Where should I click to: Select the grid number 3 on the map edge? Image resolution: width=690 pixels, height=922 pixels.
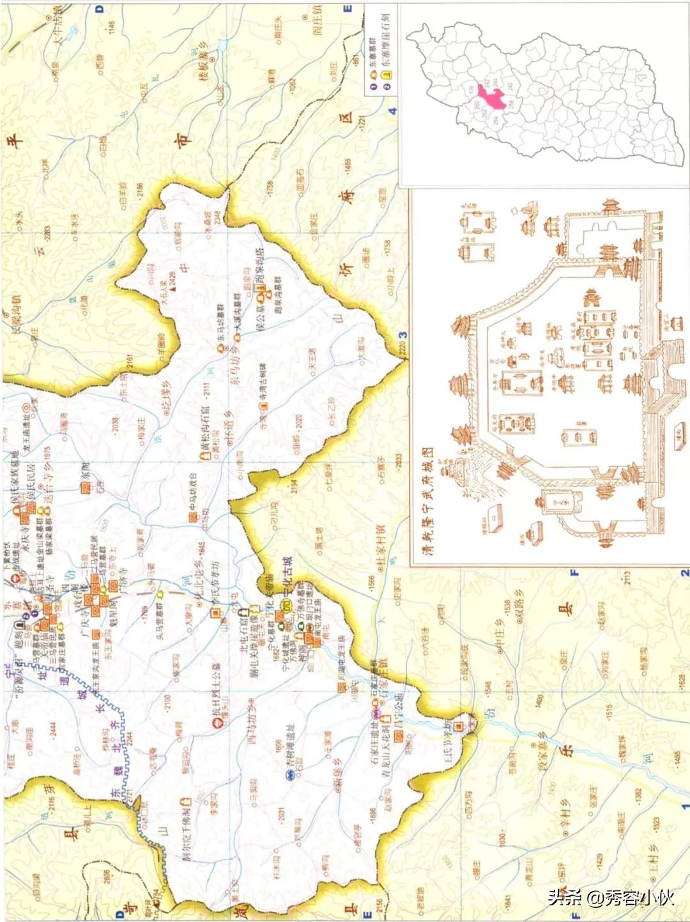[x=403, y=335]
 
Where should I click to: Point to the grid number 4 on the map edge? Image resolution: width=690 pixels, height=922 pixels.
[x=392, y=111]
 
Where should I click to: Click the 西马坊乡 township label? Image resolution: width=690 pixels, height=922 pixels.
[x=250, y=721]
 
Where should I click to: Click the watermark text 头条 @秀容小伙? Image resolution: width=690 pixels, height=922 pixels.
[x=610, y=898]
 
